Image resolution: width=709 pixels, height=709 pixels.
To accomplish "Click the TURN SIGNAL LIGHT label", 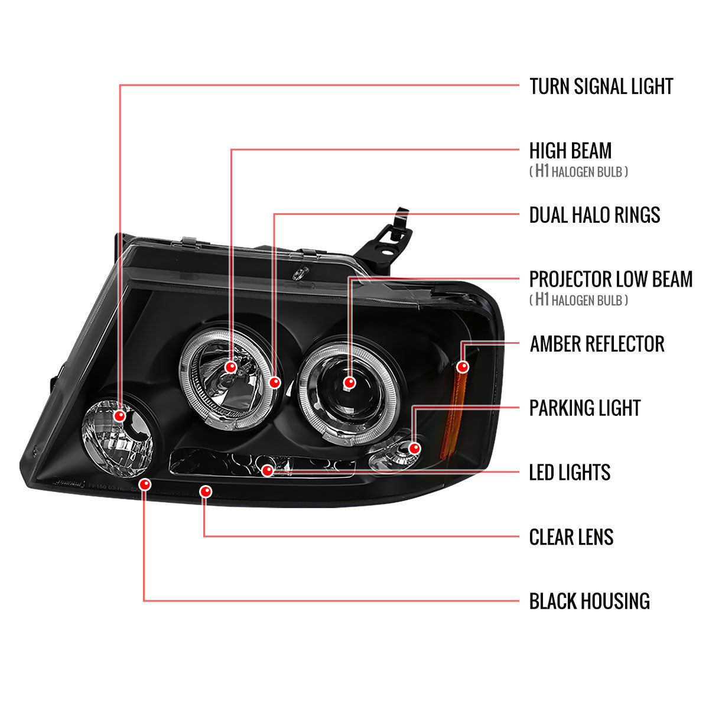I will [601, 86].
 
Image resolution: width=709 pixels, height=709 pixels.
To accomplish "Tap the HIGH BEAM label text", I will [570, 151].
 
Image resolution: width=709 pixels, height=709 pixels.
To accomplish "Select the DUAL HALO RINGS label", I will [594, 215].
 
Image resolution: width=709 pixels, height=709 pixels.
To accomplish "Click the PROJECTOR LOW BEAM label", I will [610, 279].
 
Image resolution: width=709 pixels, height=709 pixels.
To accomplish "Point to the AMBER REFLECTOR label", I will [597, 344].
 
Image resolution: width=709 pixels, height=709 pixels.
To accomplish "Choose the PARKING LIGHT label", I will [584, 408].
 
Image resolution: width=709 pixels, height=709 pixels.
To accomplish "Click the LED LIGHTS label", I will [570, 473].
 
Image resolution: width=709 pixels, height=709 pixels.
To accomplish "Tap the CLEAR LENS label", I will [571, 537].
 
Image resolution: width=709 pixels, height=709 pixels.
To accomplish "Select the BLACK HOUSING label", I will [589, 601].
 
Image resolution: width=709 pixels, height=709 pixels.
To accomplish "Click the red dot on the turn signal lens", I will [121, 415].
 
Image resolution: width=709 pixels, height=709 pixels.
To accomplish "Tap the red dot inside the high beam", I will [231, 367].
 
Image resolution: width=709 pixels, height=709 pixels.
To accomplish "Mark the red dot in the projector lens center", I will [349, 382].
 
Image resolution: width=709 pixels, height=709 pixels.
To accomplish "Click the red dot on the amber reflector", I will [463, 367].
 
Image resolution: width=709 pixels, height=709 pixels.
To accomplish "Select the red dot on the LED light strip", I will [268, 470].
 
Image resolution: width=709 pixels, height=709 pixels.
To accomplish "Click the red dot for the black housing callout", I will [144, 485].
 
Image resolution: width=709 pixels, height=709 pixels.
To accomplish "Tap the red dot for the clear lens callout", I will [206, 491].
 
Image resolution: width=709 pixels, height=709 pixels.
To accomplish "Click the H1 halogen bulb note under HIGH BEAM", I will [578, 172].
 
